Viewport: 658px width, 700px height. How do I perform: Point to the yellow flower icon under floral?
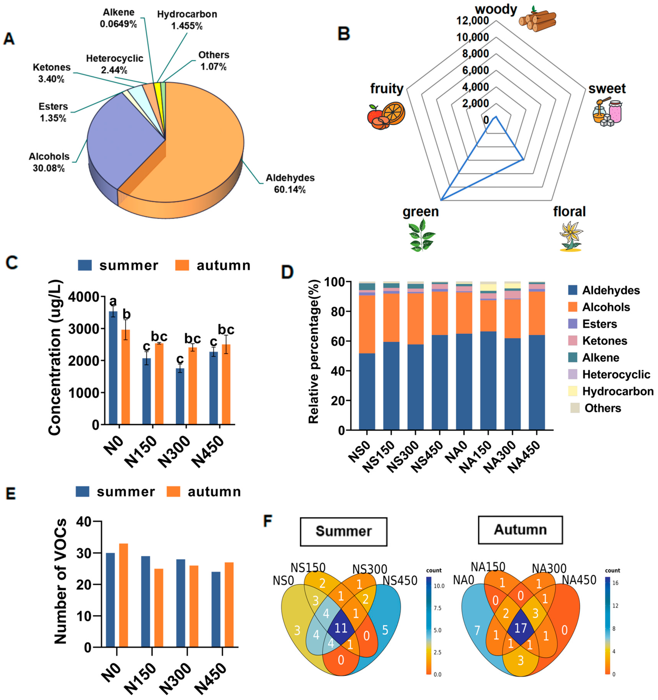coord(570,236)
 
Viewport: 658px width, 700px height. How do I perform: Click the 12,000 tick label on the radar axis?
coord(472,21)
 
